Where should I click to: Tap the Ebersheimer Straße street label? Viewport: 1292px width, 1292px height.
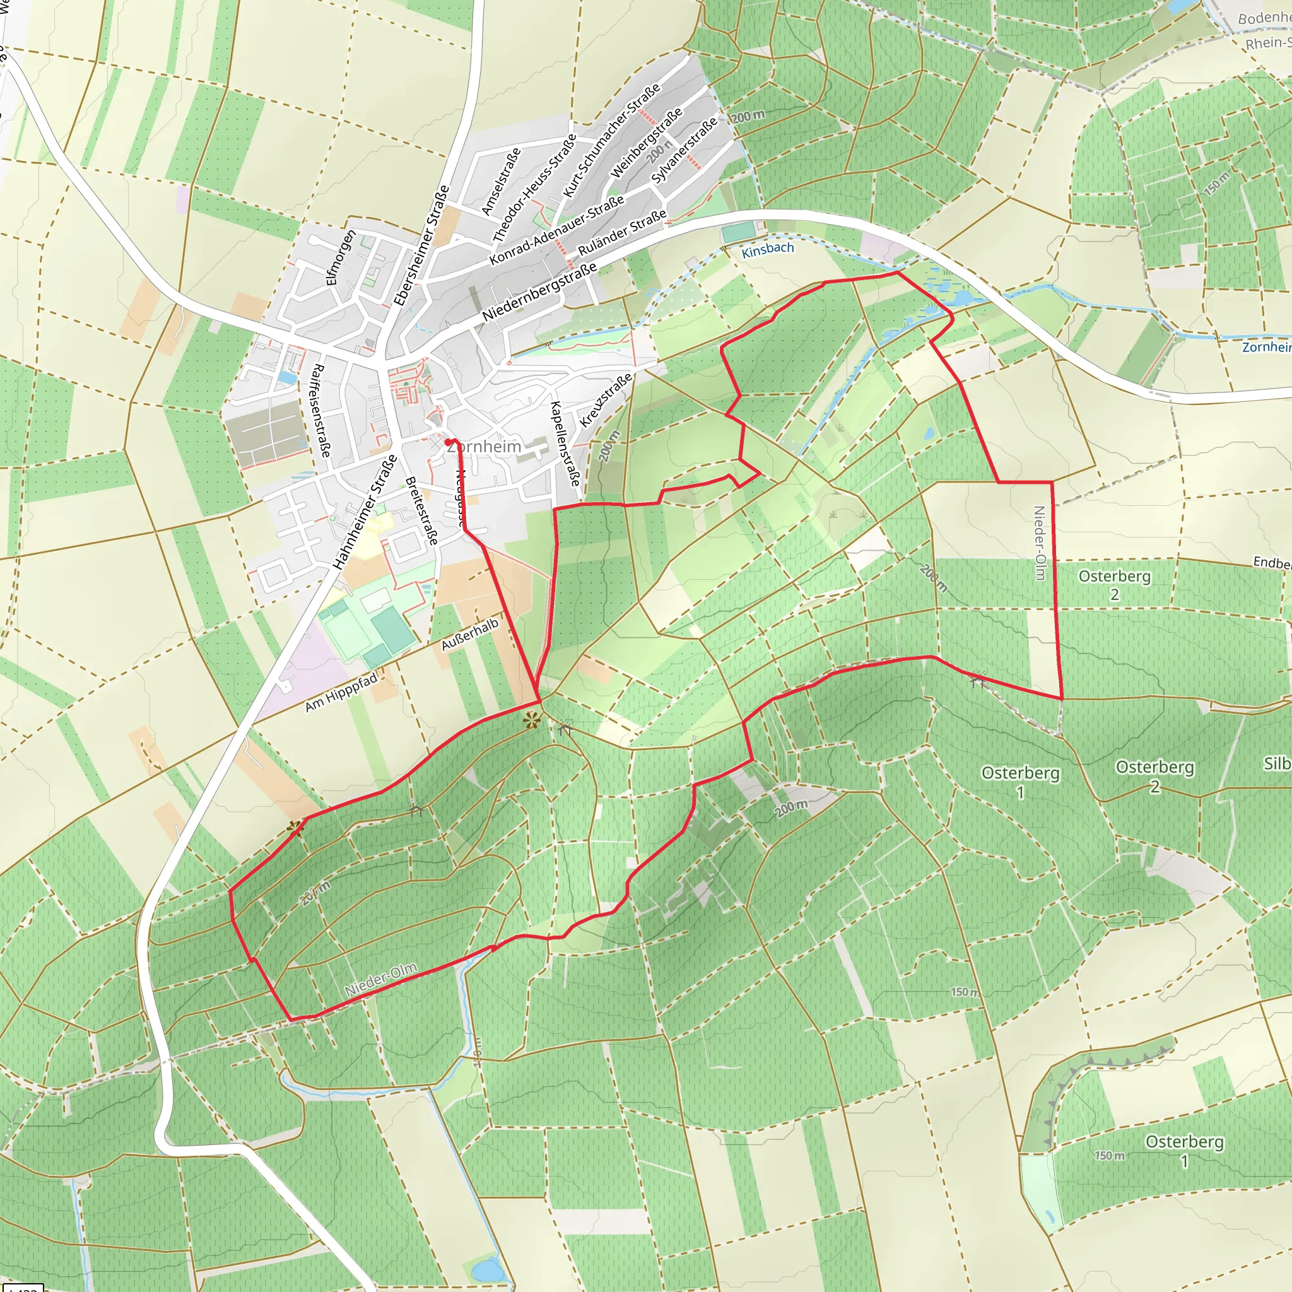[x=421, y=245]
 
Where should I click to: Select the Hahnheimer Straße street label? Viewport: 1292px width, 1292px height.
[x=366, y=512]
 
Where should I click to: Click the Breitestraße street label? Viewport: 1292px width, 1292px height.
[x=422, y=510]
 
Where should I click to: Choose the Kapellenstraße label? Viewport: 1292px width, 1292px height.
[x=565, y=443]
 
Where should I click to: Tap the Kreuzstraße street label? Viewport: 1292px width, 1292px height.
[x=606, y=401]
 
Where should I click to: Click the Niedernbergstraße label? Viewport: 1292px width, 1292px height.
[x=539, y=291]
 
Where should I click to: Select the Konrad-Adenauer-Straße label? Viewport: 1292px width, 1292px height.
[x=556, y=230]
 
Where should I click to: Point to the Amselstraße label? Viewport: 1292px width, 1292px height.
[x=501, y=181]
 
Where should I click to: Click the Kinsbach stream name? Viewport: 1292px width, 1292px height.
[x=768, y=249]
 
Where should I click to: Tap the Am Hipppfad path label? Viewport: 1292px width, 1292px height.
[x=341, y=691]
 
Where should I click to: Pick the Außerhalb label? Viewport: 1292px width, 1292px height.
[x=469, y=634]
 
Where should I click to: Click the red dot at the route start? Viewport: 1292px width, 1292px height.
[x=448, y=442]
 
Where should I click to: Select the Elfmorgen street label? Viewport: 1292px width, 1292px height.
[x=341, y=258]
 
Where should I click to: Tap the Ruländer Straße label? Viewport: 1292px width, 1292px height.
[x=622, y=232]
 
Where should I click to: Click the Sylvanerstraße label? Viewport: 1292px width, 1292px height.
[x=684, y=151]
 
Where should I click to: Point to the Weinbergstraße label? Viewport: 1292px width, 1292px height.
[x=647, y=143]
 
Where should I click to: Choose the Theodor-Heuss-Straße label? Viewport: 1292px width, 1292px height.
[x=534, y=188]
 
